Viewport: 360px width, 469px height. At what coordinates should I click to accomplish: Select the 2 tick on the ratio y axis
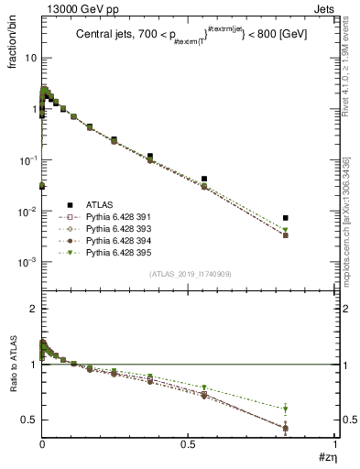[x=31, y=309]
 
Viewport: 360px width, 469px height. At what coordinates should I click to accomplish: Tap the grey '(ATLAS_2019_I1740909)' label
[x=189, y=274]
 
